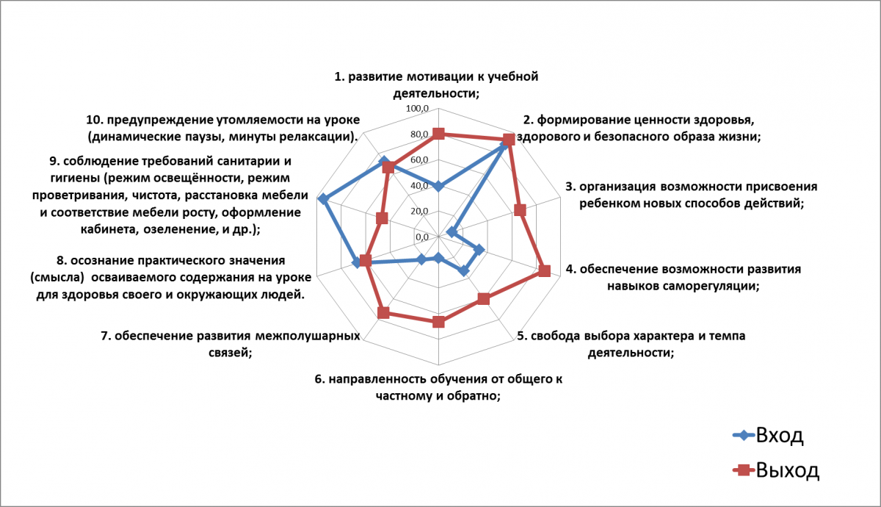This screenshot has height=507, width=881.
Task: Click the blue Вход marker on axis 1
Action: click(x=438, y=186)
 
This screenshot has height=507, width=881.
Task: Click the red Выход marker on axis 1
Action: click(x=438, y=134)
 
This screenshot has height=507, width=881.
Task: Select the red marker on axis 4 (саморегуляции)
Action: click(x=544, y=271)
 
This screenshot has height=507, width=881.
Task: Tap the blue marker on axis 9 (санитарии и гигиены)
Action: click(x=323, y=199)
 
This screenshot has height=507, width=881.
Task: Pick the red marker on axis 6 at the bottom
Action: click(x=438, y=322)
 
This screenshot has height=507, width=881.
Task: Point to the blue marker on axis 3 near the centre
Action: click(x=452, y=232)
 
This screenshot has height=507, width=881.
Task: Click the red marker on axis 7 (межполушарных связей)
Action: click(x=383, y=313)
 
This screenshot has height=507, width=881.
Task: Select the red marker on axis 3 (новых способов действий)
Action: click(x=520, y=210)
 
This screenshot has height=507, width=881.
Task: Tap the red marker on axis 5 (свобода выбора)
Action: click(x=483, y=299)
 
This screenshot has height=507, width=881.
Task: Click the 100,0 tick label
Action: click(x=417, y=109)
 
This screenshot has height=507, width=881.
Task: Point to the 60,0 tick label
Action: click(x=419, y=160)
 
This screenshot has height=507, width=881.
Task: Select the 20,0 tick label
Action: click(x=419, y=212)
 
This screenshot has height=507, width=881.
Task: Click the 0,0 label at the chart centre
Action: click(x=421, y=237)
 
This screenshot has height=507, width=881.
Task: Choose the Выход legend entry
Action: click(x=777, y=470)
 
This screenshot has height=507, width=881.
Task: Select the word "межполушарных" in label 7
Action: click(x=307, y=337)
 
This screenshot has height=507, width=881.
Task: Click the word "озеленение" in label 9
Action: click(x=178, y=229)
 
